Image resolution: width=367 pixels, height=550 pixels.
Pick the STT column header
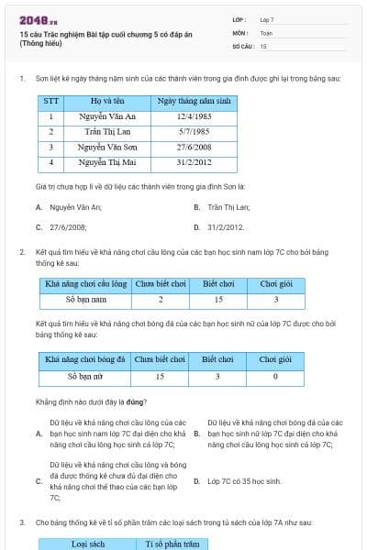coord(51,101)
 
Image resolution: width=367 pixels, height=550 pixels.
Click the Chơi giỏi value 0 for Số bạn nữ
coord(275,376)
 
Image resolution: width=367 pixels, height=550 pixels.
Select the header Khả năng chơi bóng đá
coord(85,360)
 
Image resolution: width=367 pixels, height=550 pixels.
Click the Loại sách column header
coord(88,544)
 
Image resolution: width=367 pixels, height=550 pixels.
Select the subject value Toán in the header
coord(266,32)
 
